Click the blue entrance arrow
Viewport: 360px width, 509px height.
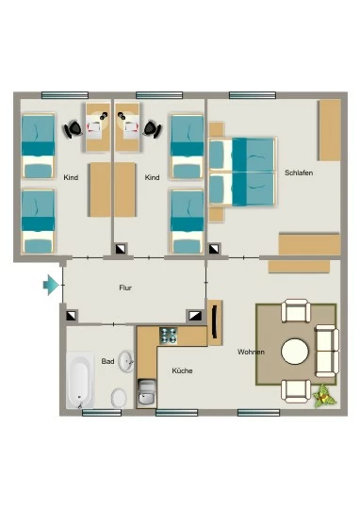[51, 285]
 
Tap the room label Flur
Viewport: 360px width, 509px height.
[125, 287]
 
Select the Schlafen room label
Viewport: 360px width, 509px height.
[299, 172]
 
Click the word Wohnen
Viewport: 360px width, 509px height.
[251, 352]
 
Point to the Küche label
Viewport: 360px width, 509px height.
[182, 370]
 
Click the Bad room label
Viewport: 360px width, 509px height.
[107, 361]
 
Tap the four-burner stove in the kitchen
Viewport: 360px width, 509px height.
[168, 336]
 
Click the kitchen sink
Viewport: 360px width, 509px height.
[147, 392]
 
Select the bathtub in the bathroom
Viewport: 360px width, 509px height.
[80, 380]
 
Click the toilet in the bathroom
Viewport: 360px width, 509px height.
[119, 398]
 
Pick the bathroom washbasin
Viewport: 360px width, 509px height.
[126, 361]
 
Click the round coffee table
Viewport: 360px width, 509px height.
[295, 352]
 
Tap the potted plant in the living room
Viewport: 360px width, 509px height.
[323, 395]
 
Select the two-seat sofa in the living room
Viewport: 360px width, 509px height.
[327, 351]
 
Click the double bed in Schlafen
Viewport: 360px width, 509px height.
[242, 172]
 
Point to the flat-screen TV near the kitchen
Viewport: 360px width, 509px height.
[215, 322]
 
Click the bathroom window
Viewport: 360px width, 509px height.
[102, 413]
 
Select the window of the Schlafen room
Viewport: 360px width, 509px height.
[253, 95]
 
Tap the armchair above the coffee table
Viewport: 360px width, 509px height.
[296, 311]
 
